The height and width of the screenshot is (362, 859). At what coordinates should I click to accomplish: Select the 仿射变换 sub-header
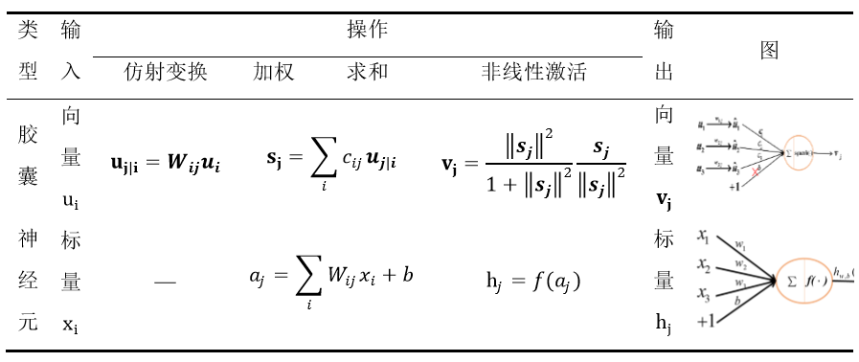pos(166,73)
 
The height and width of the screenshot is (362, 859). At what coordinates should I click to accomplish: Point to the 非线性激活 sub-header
pos(533,73)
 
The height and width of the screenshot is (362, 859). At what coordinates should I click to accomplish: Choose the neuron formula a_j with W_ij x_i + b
pos(331,280)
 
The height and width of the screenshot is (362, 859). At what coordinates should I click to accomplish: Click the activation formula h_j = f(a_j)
pos(533,281)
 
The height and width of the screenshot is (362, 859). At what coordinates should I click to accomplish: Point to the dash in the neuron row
pos(165,282)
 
